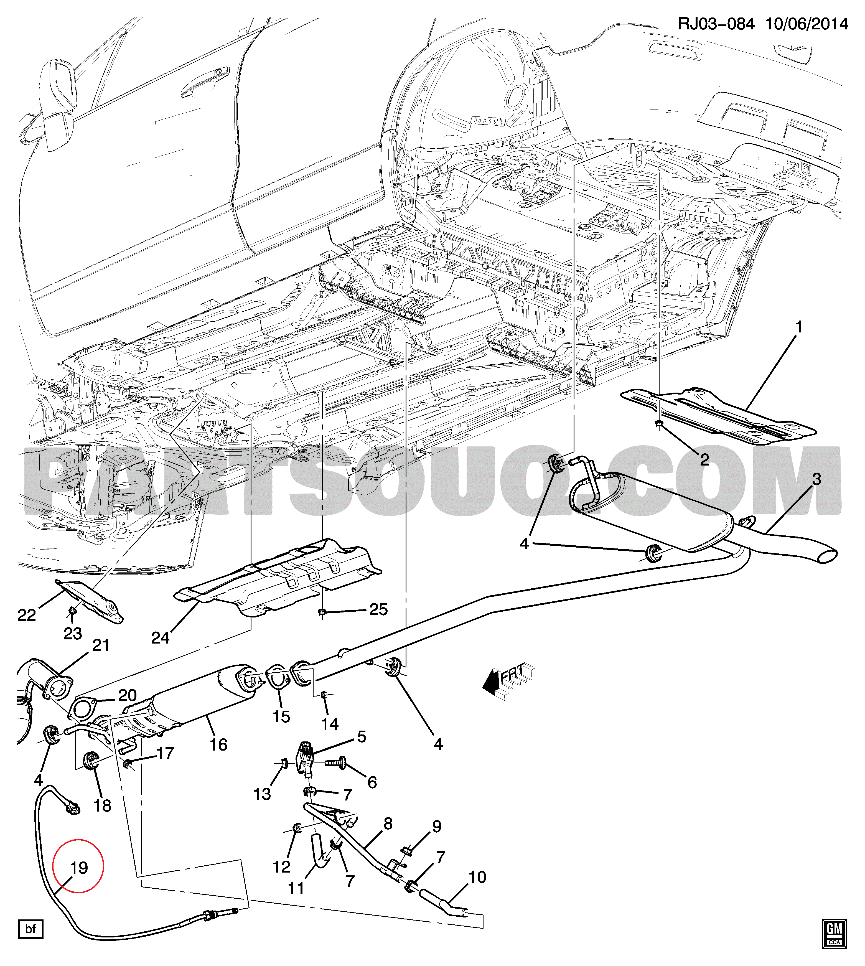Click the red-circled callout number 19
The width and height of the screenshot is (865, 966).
point(79,868)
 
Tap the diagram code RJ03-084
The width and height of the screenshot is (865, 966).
point(716,24)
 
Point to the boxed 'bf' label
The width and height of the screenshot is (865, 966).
point(30,929)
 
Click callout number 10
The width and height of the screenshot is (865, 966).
point(477,877)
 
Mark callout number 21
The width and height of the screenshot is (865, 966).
point(101,645)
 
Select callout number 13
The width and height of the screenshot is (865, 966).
point(262,794)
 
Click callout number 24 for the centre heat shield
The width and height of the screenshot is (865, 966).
point(160,637)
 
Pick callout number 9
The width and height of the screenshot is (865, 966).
point(436,826)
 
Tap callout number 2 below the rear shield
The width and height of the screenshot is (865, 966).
point(704,459)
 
